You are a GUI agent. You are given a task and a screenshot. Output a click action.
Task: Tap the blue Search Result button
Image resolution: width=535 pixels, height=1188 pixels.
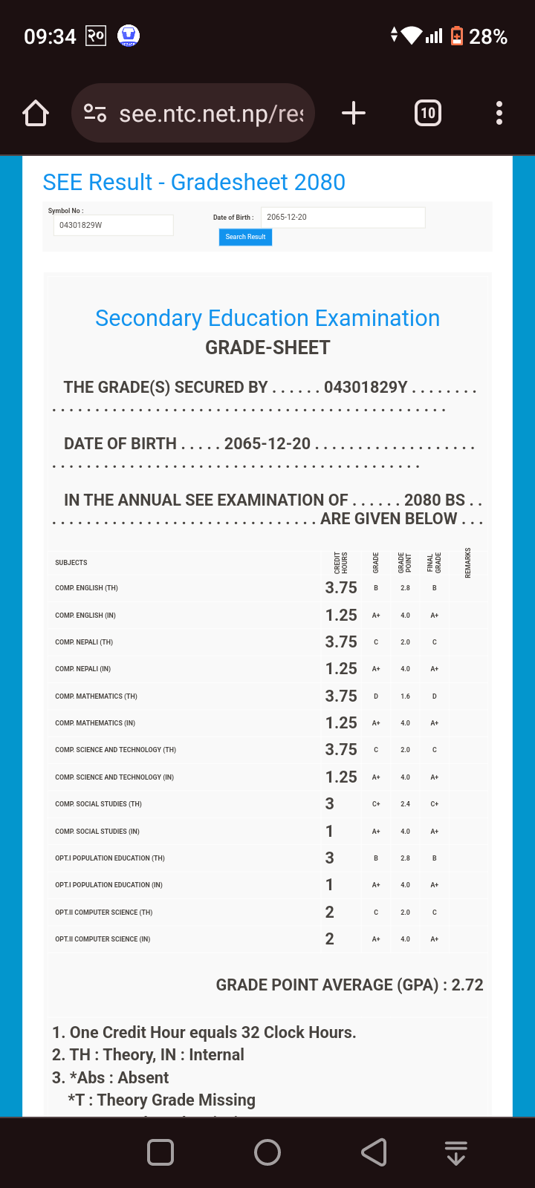coord(245,237)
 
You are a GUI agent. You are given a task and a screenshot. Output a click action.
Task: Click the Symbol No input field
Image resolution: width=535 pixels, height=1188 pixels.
coord(113,225)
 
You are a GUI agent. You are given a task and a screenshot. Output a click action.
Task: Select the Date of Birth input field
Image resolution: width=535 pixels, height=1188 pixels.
coord(343,218)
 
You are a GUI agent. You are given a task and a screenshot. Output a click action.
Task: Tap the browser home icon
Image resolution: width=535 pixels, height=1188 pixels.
coord(36,114)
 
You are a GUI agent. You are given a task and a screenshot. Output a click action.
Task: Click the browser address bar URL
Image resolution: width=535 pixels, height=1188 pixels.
coord(211,114)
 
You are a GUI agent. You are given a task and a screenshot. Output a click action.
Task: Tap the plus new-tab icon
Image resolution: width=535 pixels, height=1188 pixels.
coord(354,114)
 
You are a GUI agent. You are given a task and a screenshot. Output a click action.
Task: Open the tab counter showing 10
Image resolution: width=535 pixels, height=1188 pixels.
coord(427,114)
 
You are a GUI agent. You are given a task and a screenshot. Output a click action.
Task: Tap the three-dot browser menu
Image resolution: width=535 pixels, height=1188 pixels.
coord(499,114)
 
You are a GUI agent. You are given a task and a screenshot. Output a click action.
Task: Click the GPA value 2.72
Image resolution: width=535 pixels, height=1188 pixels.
coord(467,985)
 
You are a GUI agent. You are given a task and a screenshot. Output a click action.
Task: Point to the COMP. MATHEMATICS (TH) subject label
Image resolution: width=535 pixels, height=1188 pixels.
coord(96,696)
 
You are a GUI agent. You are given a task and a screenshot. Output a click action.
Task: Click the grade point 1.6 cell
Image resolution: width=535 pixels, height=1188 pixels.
coord(405,696)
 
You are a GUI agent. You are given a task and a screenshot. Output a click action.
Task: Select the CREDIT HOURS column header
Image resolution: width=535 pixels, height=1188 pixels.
coord(341,563)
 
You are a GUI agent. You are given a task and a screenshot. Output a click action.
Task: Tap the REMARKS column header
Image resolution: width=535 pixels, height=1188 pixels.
coord(468,563)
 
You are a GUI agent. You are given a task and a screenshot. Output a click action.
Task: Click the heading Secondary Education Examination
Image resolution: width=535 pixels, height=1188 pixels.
coord(267,319)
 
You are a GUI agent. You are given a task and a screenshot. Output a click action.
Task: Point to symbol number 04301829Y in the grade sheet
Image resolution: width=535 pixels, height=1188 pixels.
coord(366,388)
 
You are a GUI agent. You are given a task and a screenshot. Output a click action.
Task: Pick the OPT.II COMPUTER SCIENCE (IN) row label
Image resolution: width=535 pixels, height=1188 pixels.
coord(103,939)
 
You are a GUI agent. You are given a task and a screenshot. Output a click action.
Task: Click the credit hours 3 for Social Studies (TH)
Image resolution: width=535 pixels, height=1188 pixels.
coord(329,804)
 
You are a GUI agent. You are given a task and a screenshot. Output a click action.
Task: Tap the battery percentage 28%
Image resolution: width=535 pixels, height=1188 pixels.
coord(488,36)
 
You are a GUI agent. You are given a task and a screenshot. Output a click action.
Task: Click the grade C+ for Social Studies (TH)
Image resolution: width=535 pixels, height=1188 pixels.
coord(376,804)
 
